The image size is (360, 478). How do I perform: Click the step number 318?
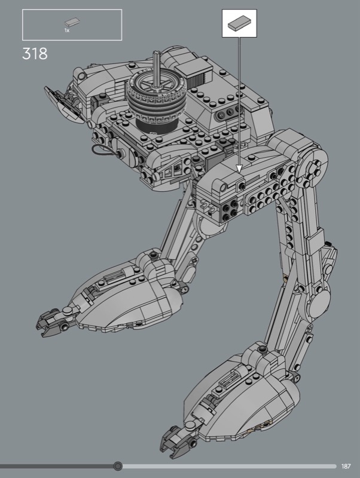coord(35,54)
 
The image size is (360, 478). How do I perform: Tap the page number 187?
coord(346,466)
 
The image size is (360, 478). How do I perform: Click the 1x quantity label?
coord(67,30)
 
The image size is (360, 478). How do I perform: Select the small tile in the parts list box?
coord(72,23)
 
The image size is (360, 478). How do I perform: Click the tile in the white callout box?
coord(239,23)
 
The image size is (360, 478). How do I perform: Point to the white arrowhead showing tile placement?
coord(239,168)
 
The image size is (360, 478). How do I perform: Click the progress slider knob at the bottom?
coord(118,466)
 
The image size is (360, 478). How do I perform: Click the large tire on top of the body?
coord(155,97)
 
